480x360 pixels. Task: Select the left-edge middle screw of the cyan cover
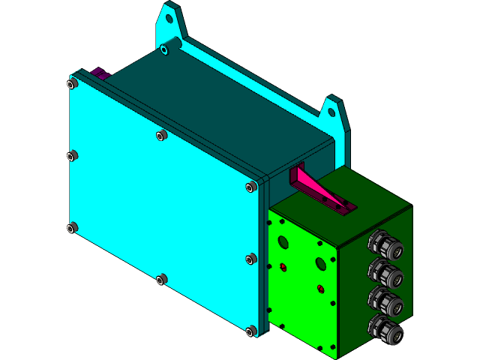[x=72, y=156]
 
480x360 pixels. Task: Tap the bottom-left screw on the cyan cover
[x=72, y=227]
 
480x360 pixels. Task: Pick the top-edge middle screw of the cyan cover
[x=160, y=135]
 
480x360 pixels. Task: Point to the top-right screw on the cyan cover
[x=250, y=187]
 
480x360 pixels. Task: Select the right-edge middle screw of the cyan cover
[x=251, y=259]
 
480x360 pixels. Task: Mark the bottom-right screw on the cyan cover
[x=251, y=330]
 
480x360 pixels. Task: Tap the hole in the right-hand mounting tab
[x=331, y=112]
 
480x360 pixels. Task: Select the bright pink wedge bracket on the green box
[x=319, y=190]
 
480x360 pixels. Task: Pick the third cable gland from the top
[x=385, y=301]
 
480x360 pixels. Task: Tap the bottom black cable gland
[x=385, y=330]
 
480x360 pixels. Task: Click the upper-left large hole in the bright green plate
[x=283, y=241]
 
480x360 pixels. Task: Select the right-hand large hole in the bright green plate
[x=321, y=263]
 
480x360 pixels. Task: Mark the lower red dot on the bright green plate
[x=321, y=288]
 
